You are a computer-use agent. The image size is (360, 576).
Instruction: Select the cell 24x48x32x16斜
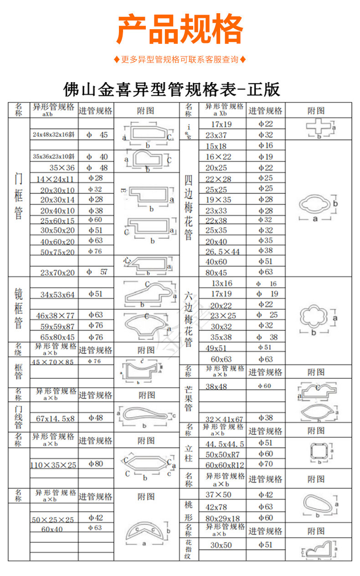(54, 135)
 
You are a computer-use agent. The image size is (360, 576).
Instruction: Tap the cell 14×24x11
(55, 179)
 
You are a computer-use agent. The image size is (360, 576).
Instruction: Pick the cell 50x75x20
(57, 252)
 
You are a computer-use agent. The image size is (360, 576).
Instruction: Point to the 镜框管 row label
(19, 308)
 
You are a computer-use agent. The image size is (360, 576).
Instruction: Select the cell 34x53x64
(57, 295)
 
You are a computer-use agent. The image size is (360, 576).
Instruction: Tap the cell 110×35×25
(54, 465)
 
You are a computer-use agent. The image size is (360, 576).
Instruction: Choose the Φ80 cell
(96, 464)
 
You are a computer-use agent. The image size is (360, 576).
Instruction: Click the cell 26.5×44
(222, 251)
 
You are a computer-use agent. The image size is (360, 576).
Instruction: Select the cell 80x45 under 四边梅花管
(216, 272)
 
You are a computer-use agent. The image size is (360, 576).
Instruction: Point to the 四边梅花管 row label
(189, 208)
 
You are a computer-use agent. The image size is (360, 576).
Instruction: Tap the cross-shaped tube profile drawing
(319, 127)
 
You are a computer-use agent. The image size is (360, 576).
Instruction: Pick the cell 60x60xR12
(225, 465)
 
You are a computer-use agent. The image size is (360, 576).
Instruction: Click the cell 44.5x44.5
(225, 444)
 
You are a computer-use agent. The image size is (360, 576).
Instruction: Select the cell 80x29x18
(222, 519)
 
